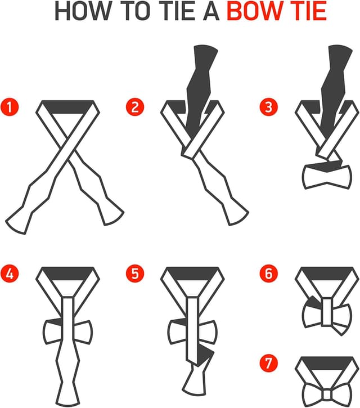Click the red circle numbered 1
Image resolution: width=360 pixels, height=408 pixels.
[x=10, y=107]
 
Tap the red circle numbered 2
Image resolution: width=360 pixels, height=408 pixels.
[x=135, y=107]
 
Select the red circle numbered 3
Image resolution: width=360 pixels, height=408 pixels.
[x=269, y=107]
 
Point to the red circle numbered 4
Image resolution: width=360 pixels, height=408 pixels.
[x=10, y=274]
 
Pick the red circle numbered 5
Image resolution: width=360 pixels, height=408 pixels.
[x=135, y=274]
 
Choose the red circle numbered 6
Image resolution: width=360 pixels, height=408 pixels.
[x=269, y=274]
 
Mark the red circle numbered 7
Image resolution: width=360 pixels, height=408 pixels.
[x=269, y=363]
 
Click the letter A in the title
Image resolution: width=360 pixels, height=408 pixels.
[x=211, y=11]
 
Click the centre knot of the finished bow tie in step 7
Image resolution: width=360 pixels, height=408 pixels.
[x=327, y=396]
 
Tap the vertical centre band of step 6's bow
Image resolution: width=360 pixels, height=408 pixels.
[x=327, y=312]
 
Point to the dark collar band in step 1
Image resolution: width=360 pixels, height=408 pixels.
[x=67, y=107]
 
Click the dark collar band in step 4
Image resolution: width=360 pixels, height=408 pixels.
[x=67, y=274]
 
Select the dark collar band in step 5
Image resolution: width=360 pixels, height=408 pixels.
[x=192, y=274]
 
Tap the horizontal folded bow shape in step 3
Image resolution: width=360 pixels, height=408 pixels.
[x=327, y=176]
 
